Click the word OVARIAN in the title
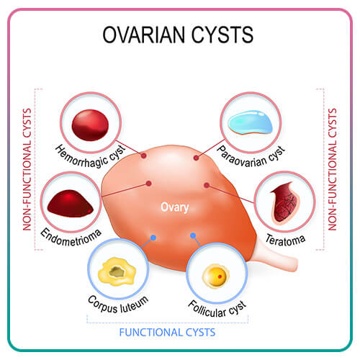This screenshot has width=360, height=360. tap(144, 35)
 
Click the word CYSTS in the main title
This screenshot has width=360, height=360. tap(222, 35)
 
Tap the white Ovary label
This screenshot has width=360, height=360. tap(175, 207)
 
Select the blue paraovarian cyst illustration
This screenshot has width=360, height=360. tap(251, 122)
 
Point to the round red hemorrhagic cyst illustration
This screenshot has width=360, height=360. tap(90, 125)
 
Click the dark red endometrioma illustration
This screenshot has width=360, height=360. tap(71, 204)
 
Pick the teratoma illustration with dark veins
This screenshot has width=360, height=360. tap(286, 202)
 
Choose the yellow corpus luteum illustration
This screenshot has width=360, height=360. tap(117, 271)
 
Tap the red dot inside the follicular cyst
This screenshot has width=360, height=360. tap(220, 276)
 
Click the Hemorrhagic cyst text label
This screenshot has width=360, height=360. tap(91, 156)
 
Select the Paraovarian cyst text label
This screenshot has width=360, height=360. tap(251, 156)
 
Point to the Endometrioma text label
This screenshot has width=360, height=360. tap(71, 237)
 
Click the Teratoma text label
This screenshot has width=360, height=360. tap(285, 240)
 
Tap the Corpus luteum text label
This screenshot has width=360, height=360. tap(118, 305)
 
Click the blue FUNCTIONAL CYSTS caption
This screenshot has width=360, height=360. tap(167, 333)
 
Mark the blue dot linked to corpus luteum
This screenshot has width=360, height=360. tap(153, 238)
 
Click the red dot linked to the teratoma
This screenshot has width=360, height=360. tap(207, 185)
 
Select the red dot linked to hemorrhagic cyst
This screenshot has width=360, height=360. tap(144, 156)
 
